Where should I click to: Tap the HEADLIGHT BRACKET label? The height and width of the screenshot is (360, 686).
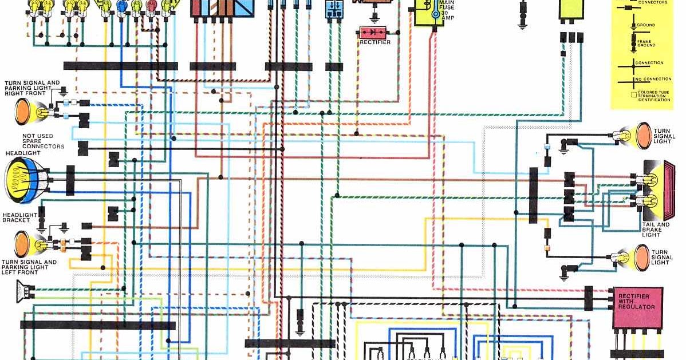20,217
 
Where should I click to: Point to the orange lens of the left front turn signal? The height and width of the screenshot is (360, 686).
22,244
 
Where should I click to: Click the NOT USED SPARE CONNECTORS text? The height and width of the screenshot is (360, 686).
44,141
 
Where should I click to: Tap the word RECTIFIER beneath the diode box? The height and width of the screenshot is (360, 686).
375,42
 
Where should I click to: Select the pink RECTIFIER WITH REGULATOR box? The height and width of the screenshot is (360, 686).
637,307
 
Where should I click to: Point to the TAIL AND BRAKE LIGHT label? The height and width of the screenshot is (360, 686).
655,230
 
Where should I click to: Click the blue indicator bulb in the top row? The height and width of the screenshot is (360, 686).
121,6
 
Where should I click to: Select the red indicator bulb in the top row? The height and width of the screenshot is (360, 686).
151,5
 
